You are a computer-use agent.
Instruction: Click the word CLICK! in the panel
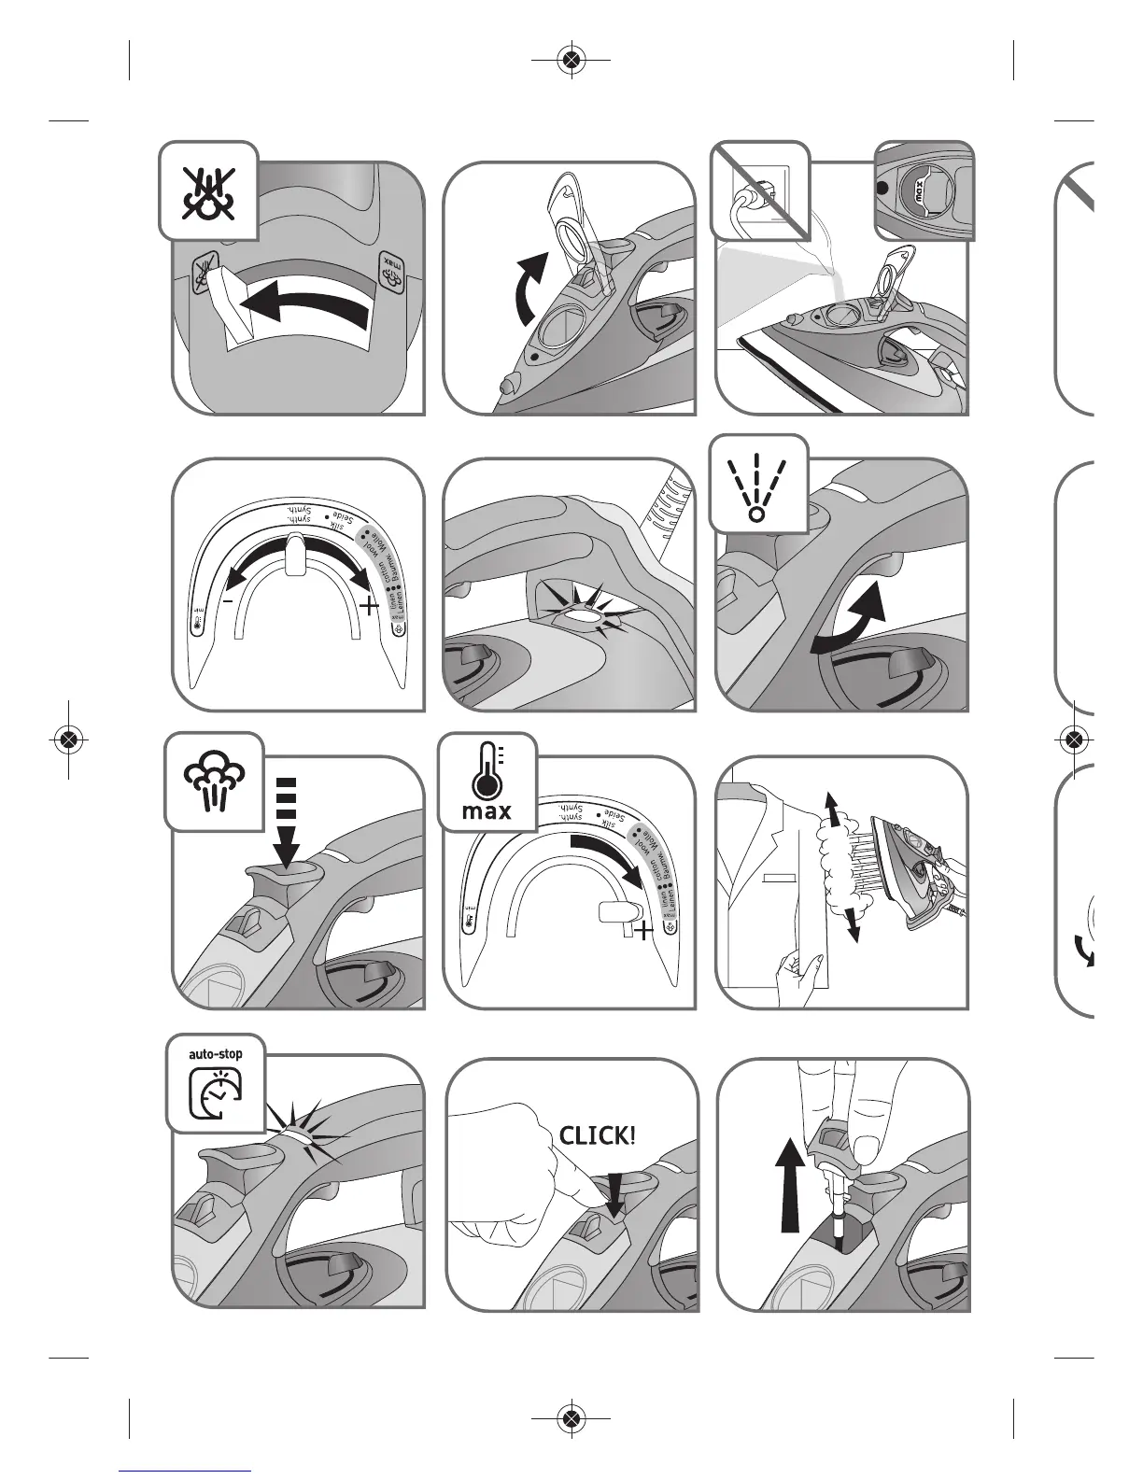(598, 1135)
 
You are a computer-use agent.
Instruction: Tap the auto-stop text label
(216, 1054)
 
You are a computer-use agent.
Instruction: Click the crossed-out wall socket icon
(758, 190)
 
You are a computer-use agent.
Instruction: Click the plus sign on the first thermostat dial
(369, 607)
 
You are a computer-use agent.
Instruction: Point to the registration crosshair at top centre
(571, 61)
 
